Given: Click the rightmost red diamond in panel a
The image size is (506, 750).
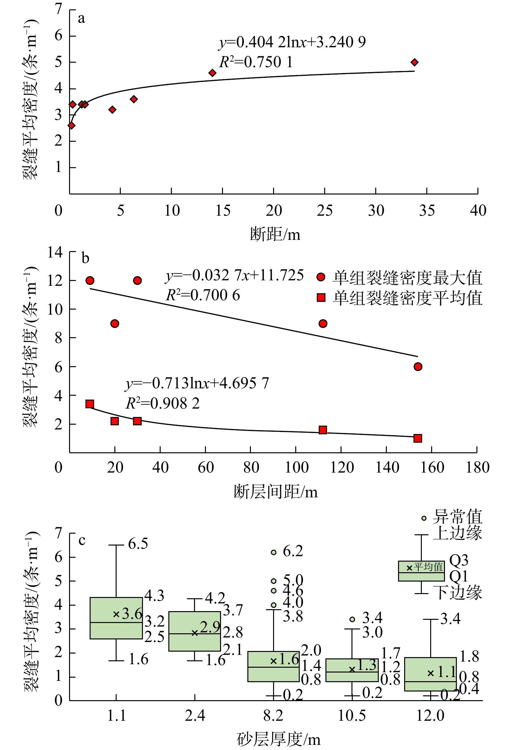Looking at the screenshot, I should (x=414, y=62).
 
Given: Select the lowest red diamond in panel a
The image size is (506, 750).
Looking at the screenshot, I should (x=72, y=126).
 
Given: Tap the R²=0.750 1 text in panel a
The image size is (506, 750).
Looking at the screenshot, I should (x=256, y=62).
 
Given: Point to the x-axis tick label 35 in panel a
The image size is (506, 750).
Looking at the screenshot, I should (x=427, y=211).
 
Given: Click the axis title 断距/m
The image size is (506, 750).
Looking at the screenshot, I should (x=275, y=234).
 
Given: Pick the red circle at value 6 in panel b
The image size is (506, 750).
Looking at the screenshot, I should (x=418, y=366).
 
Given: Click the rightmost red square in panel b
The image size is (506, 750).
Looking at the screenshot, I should (x=418, y=438).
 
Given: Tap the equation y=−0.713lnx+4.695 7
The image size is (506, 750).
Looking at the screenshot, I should (x=197, y=384).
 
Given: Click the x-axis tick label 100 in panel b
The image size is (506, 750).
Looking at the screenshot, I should (x=297, y=468).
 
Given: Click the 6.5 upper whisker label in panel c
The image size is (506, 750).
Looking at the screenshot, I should (x=138, y=544).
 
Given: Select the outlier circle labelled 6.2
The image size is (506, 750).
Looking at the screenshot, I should (x=273, y=552).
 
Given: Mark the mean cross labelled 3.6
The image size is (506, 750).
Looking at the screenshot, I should (x=116, y=614).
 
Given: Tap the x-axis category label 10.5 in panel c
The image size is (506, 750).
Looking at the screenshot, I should (x=352, y=716).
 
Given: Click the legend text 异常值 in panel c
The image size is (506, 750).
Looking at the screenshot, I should (x=457, y=517).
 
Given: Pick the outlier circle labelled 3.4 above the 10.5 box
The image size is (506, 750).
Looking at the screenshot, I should (x=352, y=619).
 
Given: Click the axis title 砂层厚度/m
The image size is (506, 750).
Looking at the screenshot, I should (x=279, y=739).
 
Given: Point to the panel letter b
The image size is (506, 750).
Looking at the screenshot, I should (x=85, y=258).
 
